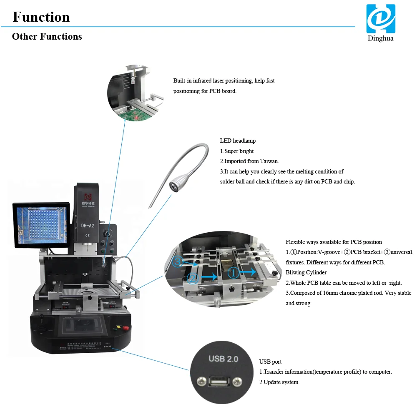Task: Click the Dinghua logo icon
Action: [x=380, y=19]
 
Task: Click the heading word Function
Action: [x=41, y=17]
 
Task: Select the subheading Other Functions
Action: [x=47, y=37]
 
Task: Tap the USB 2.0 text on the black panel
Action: [x=223, y=359]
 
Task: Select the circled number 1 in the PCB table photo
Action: [x=234, y=272]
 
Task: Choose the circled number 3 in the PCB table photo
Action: [x=177, y=262]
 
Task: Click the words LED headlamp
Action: [x=238, y=141]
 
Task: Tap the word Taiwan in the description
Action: [x=269, y=161]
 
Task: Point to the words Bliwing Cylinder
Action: [x=306, y=273]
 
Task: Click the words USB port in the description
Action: [x=271, y=362]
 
